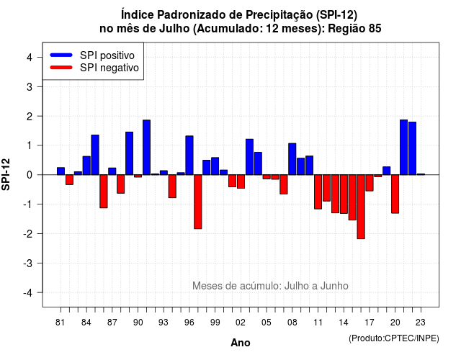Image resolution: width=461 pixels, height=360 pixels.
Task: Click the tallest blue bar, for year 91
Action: [146, 147]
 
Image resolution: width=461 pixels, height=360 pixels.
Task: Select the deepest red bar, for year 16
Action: [361, 207]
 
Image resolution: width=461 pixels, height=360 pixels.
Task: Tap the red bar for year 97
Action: [198, 202]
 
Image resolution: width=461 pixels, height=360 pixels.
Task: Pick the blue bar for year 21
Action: [403, 147]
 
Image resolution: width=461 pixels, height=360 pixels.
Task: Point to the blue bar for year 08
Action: [292, 159]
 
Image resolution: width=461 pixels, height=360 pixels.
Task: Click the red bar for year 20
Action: [395, 194]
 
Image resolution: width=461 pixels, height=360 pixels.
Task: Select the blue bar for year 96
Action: [189, 156]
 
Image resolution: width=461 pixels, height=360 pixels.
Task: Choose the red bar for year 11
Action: [318, 192]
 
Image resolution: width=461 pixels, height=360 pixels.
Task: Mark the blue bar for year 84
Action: [86, 166]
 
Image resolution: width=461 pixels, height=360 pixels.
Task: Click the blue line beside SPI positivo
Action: [61, 55]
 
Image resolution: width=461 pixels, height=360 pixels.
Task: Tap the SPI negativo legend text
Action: [109, 68]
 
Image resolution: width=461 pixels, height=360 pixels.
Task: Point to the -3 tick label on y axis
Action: [29, 263]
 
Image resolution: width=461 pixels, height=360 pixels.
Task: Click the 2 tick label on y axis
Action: [30, 116]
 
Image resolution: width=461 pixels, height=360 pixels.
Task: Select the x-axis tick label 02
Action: [241, 323]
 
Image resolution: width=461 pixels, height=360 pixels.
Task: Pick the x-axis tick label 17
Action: [370, 323]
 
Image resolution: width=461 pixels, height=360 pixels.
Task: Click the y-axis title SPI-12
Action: [6, 174]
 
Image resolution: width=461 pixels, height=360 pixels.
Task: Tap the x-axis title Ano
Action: [241, 343]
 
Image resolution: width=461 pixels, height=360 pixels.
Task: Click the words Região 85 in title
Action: [354, 29]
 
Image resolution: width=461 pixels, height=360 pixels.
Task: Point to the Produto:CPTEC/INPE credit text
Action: [394, 338]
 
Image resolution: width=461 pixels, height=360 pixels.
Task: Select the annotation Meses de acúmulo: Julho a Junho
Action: [270, 286]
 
